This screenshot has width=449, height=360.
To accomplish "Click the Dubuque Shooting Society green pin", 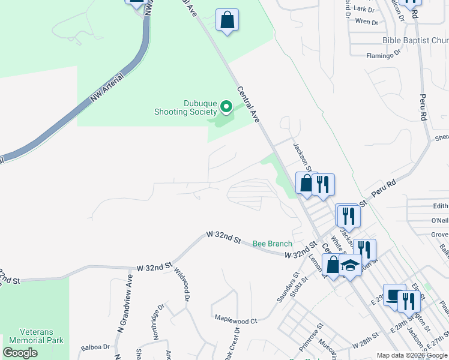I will click(x=226, y=107).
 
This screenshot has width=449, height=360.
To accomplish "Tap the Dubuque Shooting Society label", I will click(x=185, y=107).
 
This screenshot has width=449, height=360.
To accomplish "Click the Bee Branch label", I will click(x=272, y=244).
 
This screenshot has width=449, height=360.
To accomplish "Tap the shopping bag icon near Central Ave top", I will click(x=228, y=20).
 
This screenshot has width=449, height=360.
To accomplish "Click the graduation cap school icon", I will click(x=350, y=265).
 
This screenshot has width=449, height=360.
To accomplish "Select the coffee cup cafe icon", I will click(x=394, y=296).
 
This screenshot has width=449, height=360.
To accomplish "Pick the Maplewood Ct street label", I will click(x=235, y=320).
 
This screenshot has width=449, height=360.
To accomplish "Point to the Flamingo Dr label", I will click(x=383, y=55).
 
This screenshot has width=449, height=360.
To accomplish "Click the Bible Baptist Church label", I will click(x=415, y=41).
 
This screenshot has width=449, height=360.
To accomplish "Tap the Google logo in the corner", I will click(x=20, y=353).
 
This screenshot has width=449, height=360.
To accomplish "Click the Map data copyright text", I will click(x=412, y=355).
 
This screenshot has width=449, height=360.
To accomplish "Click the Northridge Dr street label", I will click(x=159, y=322).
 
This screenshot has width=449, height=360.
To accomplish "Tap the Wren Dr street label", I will click(x=366, y=22).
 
